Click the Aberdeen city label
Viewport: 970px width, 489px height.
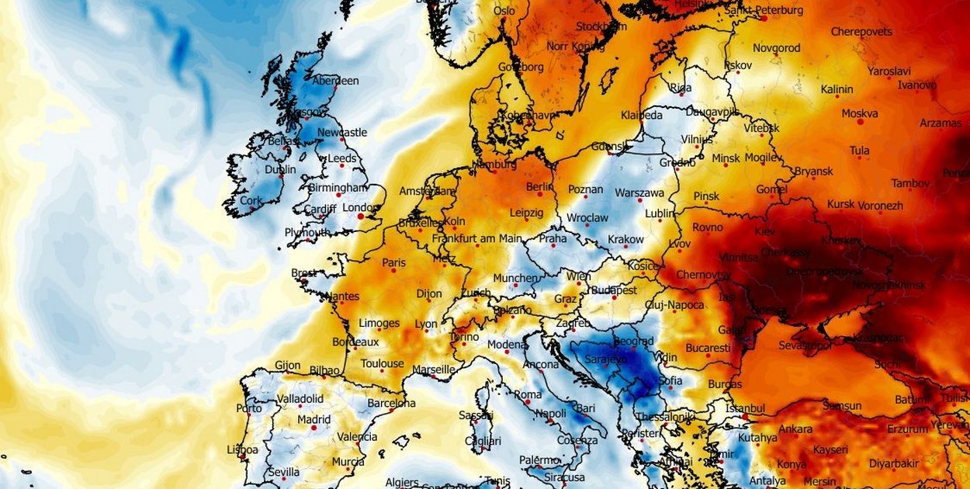pos(335,81)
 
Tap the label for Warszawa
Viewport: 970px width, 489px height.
pos(639,192)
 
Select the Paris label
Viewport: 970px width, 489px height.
pos(393,263)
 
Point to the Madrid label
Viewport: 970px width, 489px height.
pos(314,420)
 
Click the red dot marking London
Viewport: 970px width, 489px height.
pos(360,217)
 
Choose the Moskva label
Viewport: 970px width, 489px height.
pos(859,113)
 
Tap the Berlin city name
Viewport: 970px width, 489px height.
pos(539,187)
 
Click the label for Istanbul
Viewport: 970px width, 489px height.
pos(745,407)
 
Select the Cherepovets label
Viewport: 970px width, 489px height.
pos(861,32)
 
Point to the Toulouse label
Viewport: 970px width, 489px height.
pos(383,363)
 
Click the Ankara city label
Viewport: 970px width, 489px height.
pos(795,429)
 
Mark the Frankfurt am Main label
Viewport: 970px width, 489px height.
pos(477,238)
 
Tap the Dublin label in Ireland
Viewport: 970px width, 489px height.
pos(280,169)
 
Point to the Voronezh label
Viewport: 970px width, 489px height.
pos(881,206)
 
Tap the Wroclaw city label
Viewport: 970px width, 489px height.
pos(587,218)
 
